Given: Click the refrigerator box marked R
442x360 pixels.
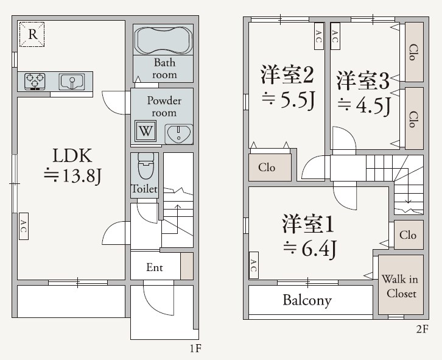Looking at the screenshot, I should click(32, 35).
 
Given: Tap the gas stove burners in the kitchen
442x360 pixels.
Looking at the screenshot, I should click(36, 81).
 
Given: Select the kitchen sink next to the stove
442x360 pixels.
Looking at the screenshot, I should click(72, 80).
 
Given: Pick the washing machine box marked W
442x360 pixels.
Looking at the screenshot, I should click(145, 130).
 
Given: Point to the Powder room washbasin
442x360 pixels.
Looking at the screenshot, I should click(178, 133).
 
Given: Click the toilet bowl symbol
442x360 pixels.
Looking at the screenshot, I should click(145, 166).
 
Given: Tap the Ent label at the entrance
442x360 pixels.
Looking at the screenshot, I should click(155, 267).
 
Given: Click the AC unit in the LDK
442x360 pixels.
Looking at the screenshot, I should click(23, 227).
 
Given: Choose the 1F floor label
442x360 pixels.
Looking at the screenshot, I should click(195, 349).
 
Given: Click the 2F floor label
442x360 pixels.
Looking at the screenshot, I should click(423, 330).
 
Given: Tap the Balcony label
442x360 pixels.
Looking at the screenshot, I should click(307, 300).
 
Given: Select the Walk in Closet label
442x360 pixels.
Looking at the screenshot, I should click(399, 286).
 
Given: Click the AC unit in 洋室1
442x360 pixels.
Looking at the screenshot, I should click(253, 266).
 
